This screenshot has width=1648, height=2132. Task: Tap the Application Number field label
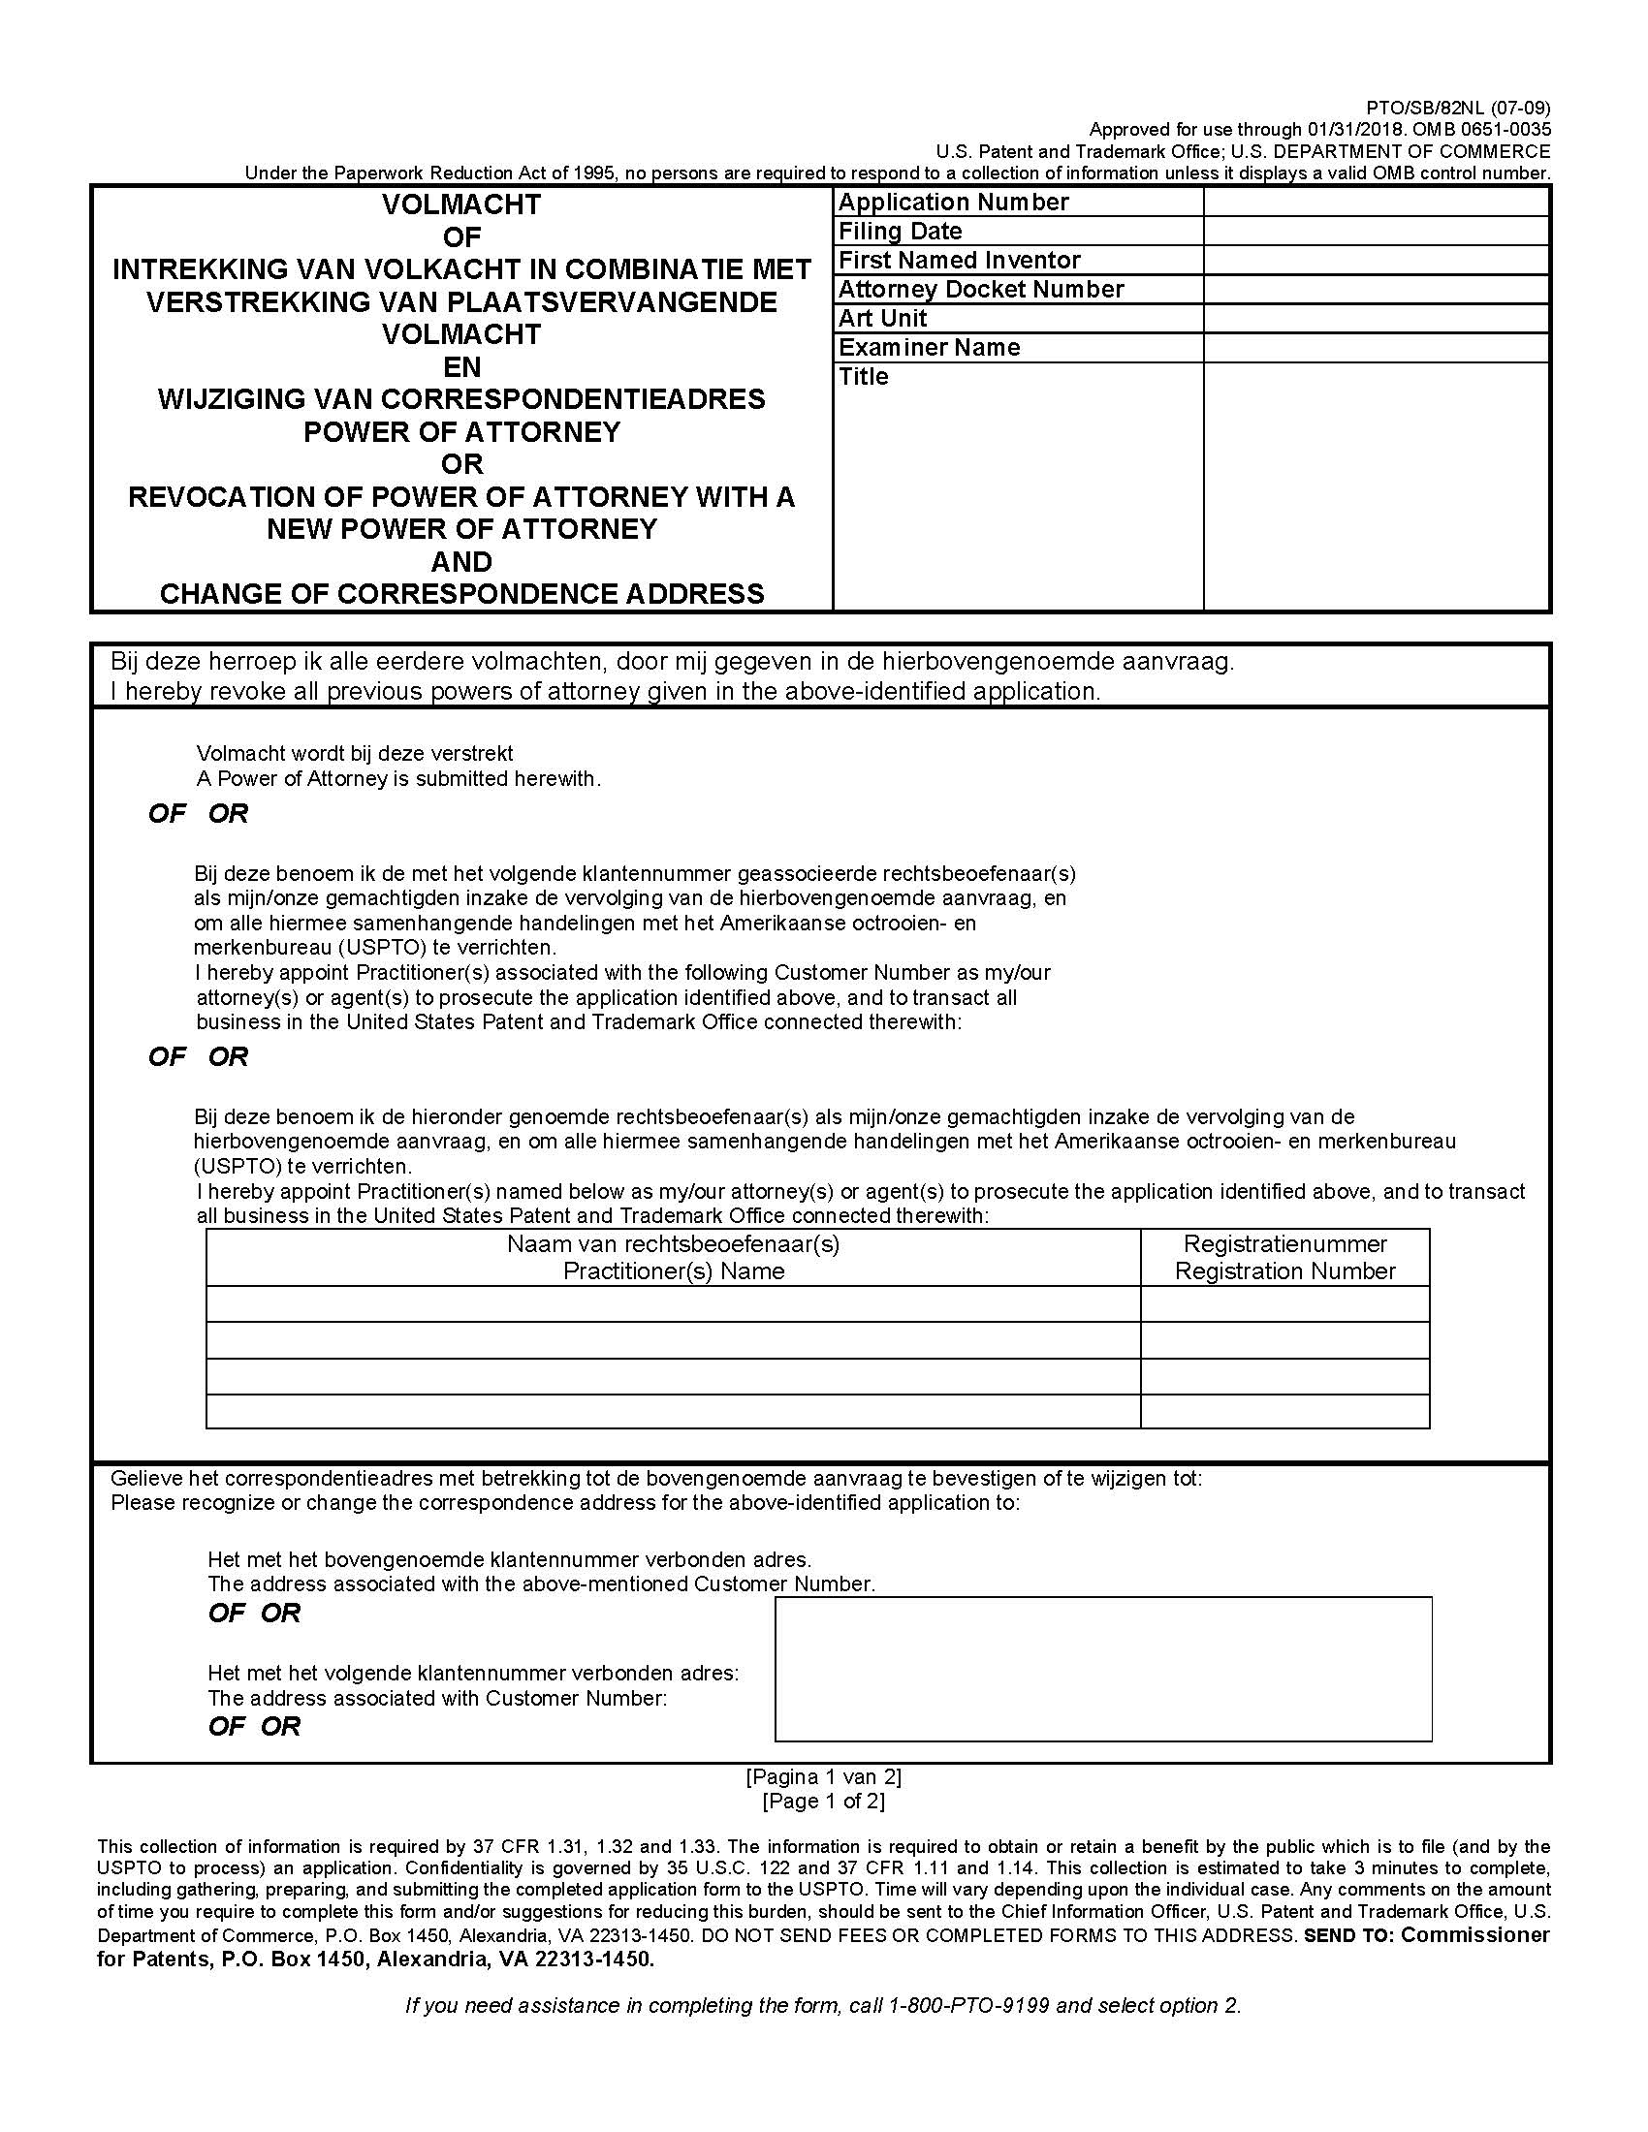[953, 203]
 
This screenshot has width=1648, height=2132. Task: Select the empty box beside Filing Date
[1376, 232]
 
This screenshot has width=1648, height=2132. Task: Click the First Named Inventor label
[959, 261]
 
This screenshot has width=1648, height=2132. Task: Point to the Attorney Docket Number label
[980, 290]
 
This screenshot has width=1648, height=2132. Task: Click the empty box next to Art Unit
[1376, 319]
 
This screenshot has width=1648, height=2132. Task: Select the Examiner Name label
[929, 348]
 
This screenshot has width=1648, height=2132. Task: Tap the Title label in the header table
[863, 377]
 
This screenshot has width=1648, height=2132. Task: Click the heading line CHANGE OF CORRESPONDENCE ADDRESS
[461, 593]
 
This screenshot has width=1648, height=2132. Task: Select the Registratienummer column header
[1284, 1244]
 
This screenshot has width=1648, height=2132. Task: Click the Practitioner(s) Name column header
[673, 1271]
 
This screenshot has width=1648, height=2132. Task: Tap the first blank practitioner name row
[673, 1304]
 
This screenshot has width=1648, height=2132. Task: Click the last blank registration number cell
[1284, 1412]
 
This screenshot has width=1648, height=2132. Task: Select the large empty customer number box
[1102, 1669]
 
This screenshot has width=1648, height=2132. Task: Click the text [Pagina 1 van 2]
[823, 1776]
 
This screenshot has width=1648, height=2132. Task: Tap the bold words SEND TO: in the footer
[1348, 1935]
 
